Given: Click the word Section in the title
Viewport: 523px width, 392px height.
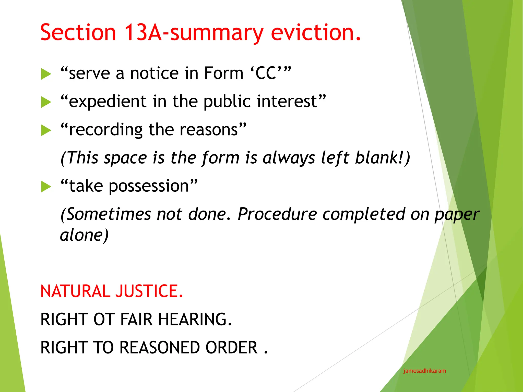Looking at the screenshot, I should [78, 32].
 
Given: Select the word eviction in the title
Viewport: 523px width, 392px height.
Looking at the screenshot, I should [316, 32].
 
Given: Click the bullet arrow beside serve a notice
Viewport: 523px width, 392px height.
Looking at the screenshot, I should [46, 74].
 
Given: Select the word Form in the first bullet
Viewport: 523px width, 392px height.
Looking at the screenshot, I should [223, 73].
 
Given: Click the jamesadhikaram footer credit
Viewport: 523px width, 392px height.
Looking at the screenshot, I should [424, 371].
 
